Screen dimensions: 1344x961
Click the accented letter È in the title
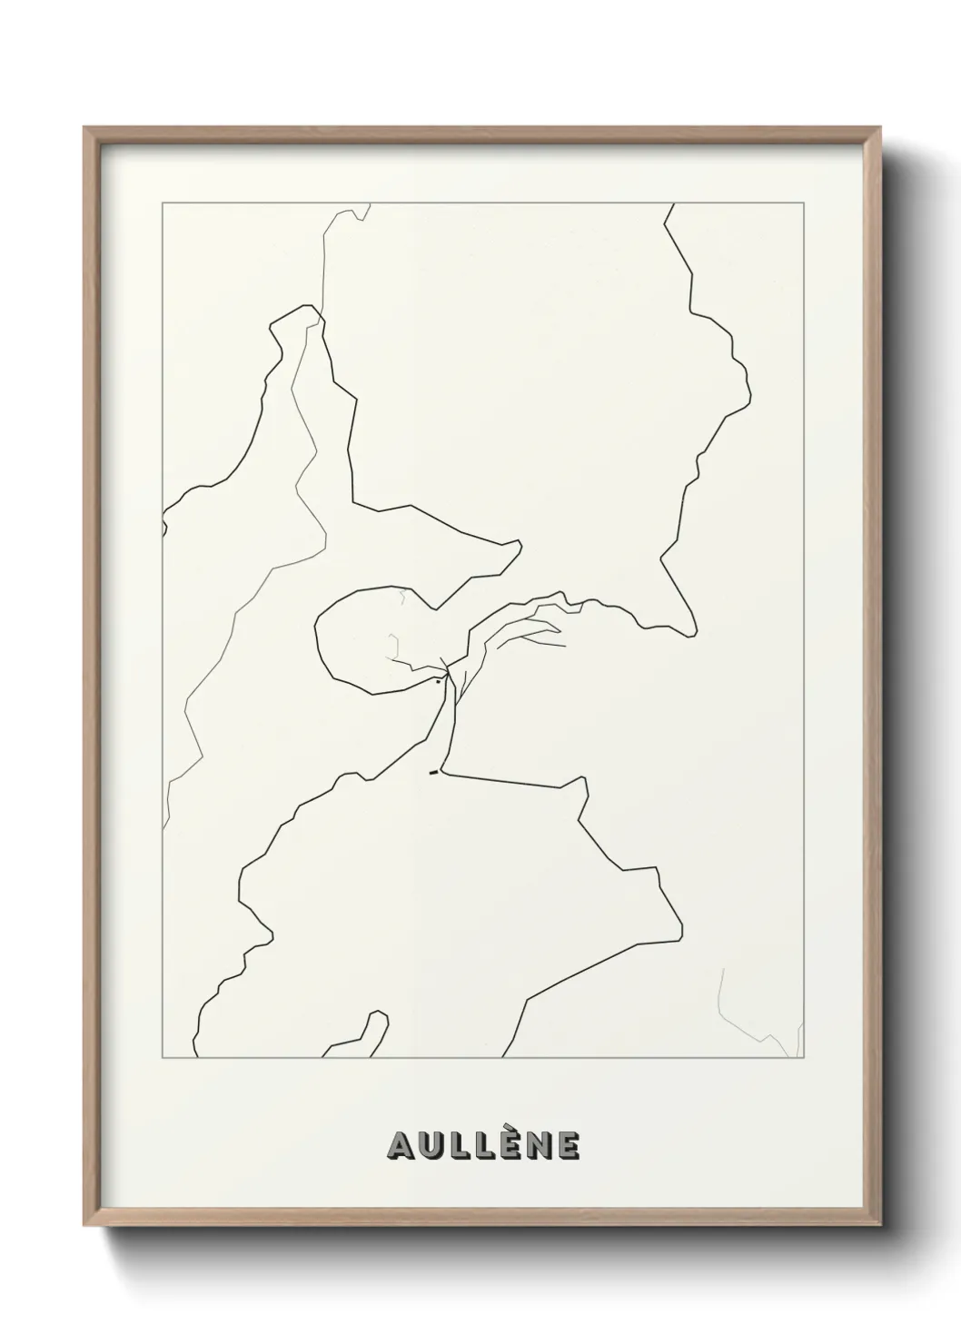coord(510,1147)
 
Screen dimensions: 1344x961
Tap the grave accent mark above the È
coord(510,1129)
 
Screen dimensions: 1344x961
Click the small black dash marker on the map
coord(433,773)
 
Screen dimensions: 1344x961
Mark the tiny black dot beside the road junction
coord(438,679)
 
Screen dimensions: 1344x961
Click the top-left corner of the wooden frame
coord(85,128)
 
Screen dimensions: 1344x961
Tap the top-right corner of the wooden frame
coord(880,128)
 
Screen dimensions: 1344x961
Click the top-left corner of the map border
coord(163,203)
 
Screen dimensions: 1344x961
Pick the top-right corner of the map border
coord(805,203)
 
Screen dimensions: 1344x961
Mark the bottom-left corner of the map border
coord(163,1058)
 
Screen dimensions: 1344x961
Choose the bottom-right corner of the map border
coord(805,1058)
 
